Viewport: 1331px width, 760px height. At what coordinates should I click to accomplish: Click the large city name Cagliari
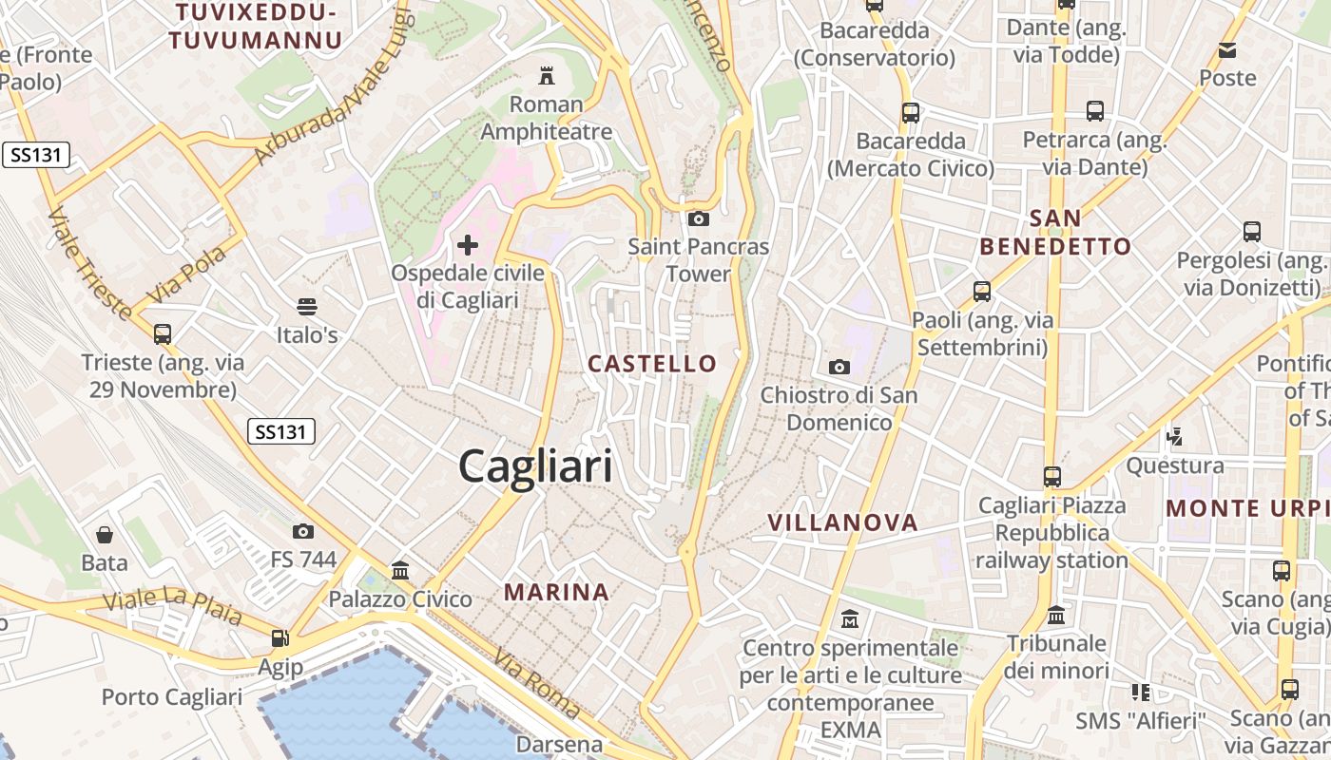(x=535, y=466)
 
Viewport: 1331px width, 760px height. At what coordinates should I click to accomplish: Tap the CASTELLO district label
(x=652, y=364)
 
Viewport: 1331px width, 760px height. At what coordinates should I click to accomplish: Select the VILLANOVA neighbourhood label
(x=842, y=522)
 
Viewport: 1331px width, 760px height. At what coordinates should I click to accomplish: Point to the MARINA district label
(x=556, y=593)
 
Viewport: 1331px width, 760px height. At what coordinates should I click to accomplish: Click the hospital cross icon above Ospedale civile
(x=468, y=245)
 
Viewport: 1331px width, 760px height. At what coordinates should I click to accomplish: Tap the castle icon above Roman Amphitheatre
(x=546, y=75)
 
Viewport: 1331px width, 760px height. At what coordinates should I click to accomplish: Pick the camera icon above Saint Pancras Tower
(x=698, y=219)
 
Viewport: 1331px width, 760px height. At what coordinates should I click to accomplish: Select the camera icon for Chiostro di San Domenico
(x=839, y=367)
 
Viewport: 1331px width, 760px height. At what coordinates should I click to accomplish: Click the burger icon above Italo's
(x=306, y=307)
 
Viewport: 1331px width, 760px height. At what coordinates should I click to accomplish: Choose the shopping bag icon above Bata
(x=105, y=535)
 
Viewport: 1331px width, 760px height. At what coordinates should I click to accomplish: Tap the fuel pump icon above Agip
(x=280, y=638)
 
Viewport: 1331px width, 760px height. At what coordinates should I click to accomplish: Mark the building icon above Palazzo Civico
(x=400, y=571)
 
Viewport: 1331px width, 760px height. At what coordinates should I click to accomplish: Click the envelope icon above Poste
(x=1227, y=50)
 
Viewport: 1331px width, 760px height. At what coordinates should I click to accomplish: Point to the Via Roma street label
(x=538, y=683)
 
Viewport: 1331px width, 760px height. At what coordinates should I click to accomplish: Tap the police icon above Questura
(x=1175, y=437)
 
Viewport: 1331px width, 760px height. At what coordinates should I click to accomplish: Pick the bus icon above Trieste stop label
(x=163, y=334)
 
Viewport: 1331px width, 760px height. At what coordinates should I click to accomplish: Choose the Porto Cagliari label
(x=172, y=697)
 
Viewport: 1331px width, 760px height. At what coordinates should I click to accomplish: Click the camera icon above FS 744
(x=303, y=531)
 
